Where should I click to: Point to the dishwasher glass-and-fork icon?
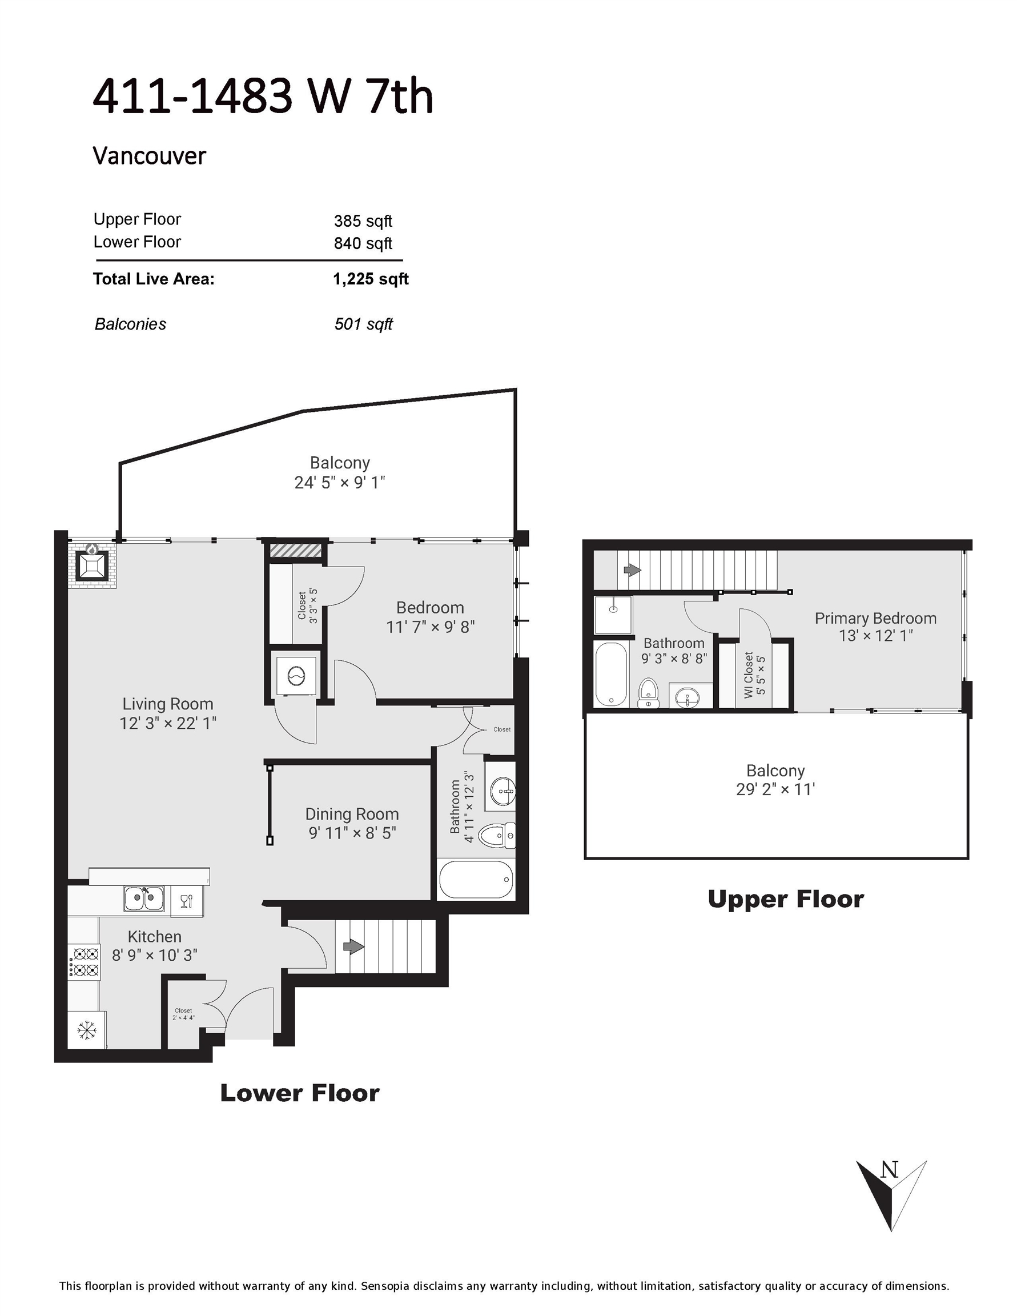tap(186, 901)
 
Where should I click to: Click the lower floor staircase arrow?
tap(353, 946)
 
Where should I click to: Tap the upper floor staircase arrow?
tap(632, 569)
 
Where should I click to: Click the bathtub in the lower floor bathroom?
tap(477, 880)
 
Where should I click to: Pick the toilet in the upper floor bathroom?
tap(648, 693)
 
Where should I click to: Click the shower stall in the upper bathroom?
tap(613, 615)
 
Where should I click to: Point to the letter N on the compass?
tap(889, 1170)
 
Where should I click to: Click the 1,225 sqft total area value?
tap(371, 279)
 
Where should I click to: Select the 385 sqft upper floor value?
tap(363, 221)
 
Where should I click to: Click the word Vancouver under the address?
tap(150, 156)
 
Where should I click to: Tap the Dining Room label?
tap(352, 814)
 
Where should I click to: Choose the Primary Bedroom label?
tap(875, 618)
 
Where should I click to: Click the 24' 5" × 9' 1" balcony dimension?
tap(340, 483)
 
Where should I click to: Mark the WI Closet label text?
tap(748, 675)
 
